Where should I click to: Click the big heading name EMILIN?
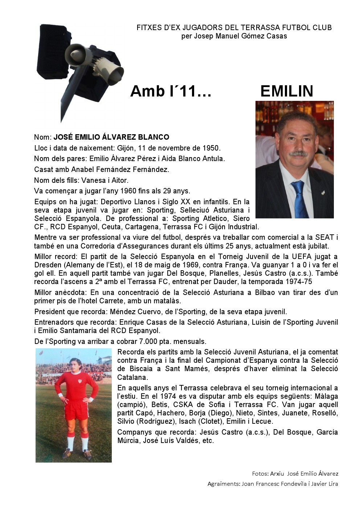tap(287, 91)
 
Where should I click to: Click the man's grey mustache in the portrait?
tap(298, 154)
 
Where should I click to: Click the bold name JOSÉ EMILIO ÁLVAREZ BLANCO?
tap(111, 137)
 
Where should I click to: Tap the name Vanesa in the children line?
tap(94, 180)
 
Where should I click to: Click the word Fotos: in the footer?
tap(260, 473)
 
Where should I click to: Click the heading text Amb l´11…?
tap(171, 91)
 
